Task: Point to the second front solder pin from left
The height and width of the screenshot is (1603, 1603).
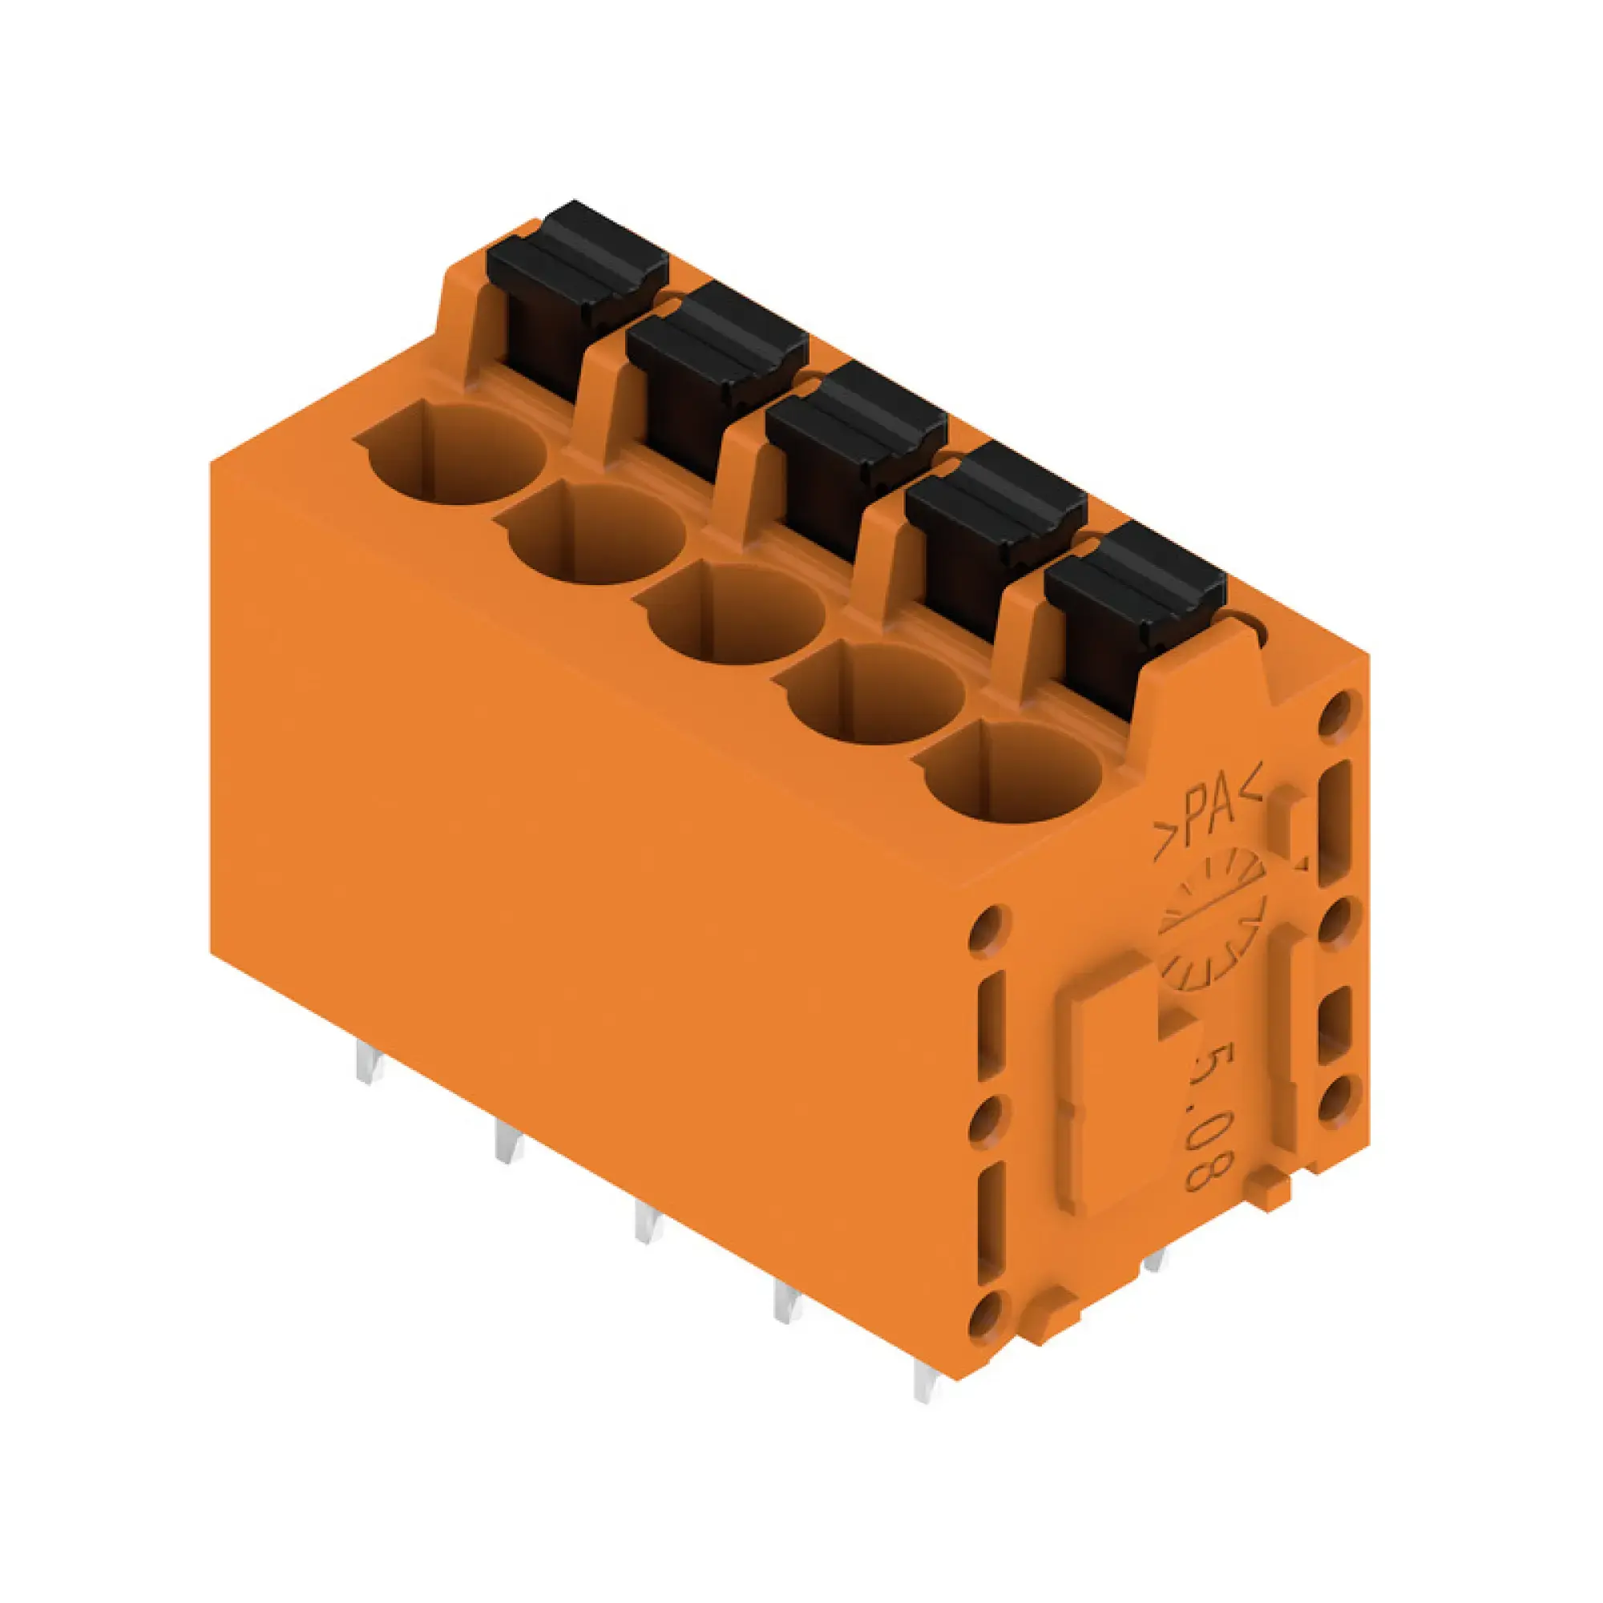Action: click(x=508, y=1141)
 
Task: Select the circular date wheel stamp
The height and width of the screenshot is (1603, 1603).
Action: click(x=1211, y=921)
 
